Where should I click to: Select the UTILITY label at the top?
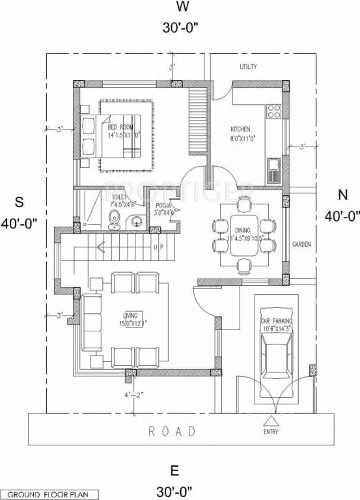click(x=248, y=67)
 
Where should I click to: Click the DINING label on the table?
click(x=242, y=230)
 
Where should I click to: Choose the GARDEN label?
click(x=301, y=245)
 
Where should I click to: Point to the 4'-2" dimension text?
click(x=132, y=395)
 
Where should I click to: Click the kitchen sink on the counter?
click(x=273, y=171)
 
